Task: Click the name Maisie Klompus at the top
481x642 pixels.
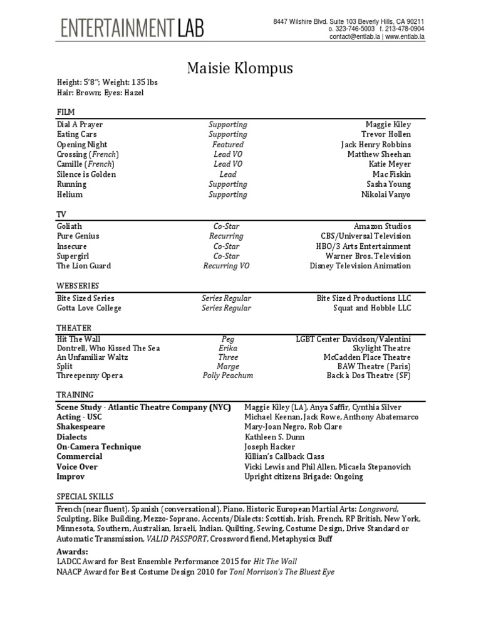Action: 240,68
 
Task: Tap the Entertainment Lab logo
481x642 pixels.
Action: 132,28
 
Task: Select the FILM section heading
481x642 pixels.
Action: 65,111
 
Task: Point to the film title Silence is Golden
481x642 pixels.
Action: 86,174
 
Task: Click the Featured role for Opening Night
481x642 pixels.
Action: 227,144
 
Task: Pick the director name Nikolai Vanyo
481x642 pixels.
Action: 386,194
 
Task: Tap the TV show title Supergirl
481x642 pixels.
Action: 73,256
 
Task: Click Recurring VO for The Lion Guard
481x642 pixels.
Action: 227,266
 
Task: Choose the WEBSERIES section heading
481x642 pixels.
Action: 76,285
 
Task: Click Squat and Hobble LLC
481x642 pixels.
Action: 372,308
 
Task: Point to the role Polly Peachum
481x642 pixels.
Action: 228,376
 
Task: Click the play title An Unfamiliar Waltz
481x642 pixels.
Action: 92,357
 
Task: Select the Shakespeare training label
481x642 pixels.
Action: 81,426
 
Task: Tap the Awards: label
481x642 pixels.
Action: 72,552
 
